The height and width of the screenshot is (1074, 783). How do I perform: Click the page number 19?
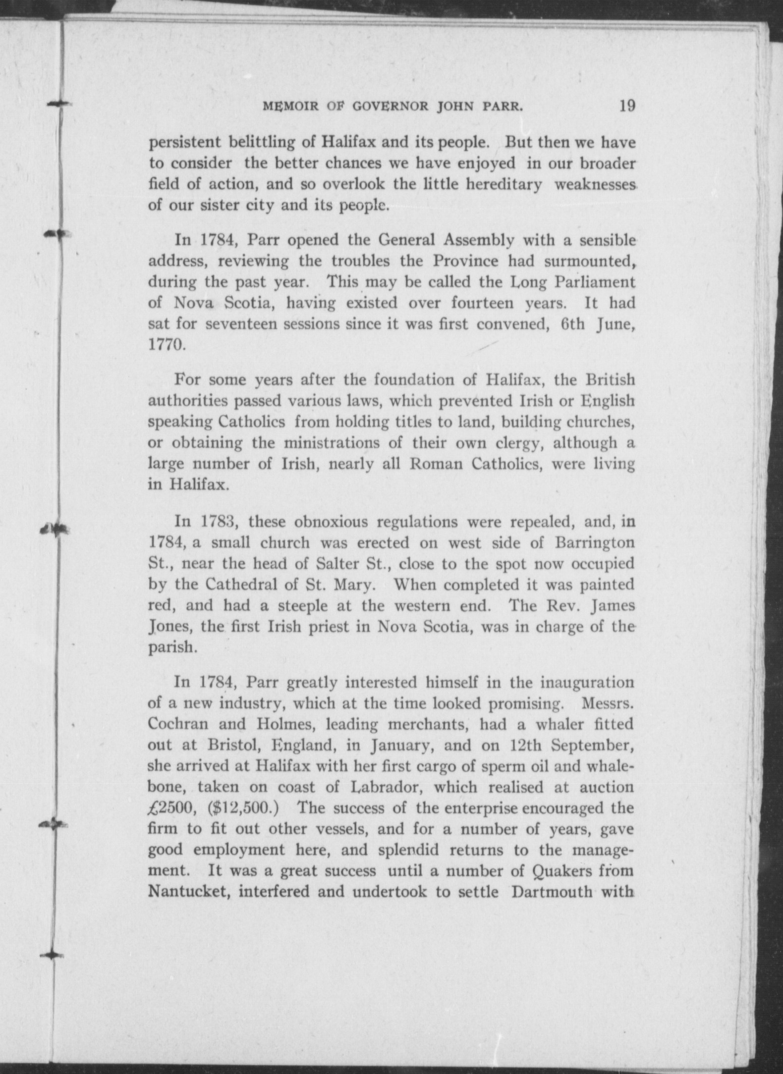point(627,106)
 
